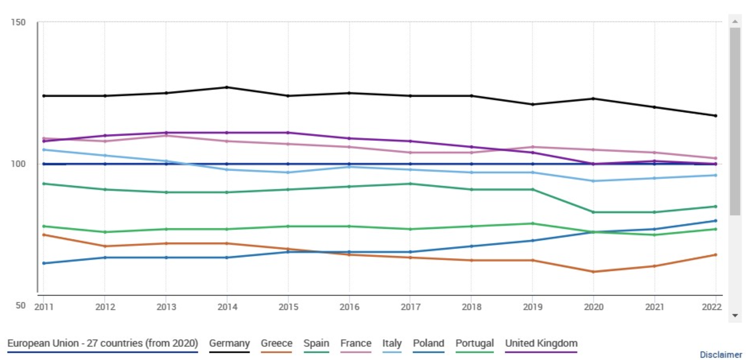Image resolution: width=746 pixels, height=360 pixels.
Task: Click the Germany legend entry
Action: (229, 343)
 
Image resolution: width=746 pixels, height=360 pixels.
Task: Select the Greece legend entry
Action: (276, 343)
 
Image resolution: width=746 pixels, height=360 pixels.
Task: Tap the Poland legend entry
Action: (428, 343)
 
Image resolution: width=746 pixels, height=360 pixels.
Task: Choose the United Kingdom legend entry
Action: (541, 343)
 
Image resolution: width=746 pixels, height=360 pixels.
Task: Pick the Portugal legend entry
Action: (474, 343)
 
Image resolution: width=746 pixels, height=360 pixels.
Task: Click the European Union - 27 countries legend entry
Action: (102, 343)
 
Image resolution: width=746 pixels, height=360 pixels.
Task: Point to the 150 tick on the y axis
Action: (18, 22)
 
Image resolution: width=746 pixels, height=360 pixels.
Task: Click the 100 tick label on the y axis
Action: (18, 164)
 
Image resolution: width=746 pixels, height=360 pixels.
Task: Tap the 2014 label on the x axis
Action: (227, 307)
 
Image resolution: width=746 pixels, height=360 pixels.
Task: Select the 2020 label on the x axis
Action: (593, 307)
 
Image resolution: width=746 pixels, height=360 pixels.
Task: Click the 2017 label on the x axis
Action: (410, 307)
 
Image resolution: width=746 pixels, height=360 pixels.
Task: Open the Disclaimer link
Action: (721, 355)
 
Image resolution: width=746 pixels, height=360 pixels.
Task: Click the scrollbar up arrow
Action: (735, 21)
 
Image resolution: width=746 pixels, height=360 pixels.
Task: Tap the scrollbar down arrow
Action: (735, 315)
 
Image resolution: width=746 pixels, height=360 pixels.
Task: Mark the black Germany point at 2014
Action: (227, 87)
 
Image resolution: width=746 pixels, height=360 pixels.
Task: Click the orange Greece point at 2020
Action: (593, 272)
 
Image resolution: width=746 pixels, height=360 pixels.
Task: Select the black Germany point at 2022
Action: (716, 116)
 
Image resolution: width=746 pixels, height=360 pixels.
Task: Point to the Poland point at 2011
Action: (44, 263)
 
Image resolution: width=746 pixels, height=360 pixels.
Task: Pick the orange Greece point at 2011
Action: (44, 235)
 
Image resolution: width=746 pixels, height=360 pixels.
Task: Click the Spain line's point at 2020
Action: (593, 212)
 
